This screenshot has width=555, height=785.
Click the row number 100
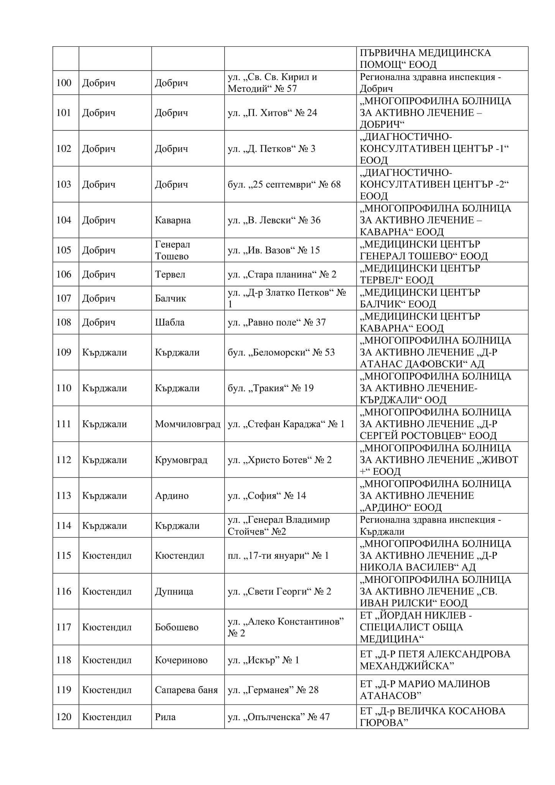[x=64, y=83]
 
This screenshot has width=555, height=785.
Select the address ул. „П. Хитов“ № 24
[x=272, y=113]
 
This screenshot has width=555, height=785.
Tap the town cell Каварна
[x=172, y=220]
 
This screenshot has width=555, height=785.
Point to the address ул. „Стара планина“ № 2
[x=282, y=274]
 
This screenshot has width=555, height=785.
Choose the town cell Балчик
[x=170, y=298]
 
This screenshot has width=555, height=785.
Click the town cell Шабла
[x=169, y=322]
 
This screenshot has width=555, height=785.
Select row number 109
[x=64, y=352]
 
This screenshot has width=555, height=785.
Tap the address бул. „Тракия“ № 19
[x=270, y=388]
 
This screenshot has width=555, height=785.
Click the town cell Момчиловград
[x=187, y=424]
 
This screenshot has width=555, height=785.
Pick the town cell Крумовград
[x=181, y=460]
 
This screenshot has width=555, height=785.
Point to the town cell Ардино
[x=172, y=495]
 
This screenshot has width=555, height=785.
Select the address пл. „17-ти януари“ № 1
[x=278, y=555]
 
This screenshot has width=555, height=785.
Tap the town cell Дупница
[x=174, y=591]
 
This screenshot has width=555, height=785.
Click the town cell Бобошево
[x=177, y=627]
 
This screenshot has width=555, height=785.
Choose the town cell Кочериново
[x=181, y=660]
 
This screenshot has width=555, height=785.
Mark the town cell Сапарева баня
[x=186, y=690]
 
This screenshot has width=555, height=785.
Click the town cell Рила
[x=165, y=717]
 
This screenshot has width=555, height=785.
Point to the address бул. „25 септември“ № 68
[x=284, y=184]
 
